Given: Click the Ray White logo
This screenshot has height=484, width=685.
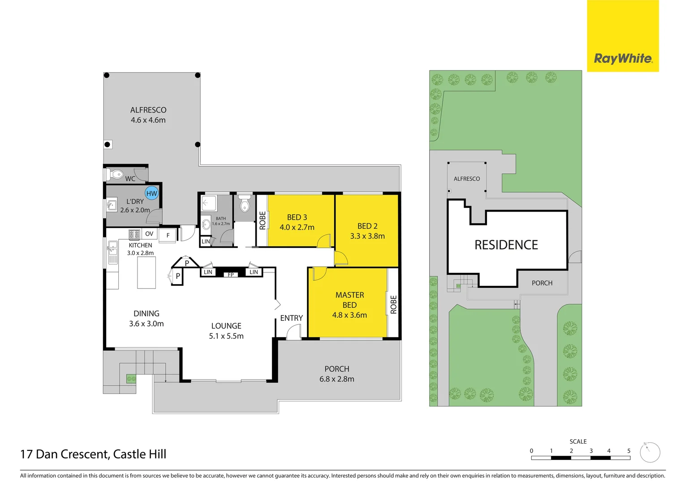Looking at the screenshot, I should (x=623, y=58).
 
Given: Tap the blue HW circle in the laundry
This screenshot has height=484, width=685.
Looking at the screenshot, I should (x=152, y=193).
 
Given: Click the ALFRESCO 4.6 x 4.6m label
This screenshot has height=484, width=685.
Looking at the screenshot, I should (x=148, y=115).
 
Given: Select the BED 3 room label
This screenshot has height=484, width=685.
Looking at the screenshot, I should (x=297, y=217).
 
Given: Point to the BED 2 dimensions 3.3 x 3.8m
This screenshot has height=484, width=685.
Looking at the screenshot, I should (x=367, y=236).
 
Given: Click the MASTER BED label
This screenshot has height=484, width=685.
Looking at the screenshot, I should (x=349, y=300).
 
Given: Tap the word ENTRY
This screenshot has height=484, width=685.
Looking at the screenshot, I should (x=291, y=318).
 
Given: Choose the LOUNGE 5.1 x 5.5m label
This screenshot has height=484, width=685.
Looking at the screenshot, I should (x=226, y=331).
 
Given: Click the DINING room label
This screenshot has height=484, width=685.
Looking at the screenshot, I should (x=146, y=314).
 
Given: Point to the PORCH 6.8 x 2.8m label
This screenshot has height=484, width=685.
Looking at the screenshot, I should (x=336, y=374).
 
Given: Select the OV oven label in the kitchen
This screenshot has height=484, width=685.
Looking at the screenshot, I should (x=149, y=234).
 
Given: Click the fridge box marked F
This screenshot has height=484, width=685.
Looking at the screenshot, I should (x=168, y=235).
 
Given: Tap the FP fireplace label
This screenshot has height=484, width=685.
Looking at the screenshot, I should (x=231, y=275).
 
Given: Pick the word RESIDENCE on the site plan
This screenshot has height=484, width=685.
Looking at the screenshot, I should (x=506, y=245).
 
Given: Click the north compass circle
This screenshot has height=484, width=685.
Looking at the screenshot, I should (x=650, y=453).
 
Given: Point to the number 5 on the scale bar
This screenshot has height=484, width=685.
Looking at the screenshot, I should (x=629, y=451).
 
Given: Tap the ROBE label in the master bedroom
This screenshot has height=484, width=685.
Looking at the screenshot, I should (x=393, y=304).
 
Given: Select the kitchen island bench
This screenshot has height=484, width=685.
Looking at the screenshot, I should (x=146, y=272).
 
